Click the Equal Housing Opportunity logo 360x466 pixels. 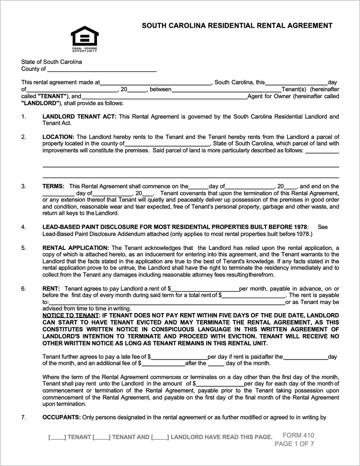(x=85, y=39)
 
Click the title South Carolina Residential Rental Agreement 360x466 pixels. (x=237, y=26)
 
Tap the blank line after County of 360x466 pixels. (x=102, y=70)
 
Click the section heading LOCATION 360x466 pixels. (x=58, y=137)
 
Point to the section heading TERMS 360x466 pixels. (x=53, y=186)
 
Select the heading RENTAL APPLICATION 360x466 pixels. (x=76, y=248)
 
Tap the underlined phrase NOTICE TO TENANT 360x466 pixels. (x=71, y=316)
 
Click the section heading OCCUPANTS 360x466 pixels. (x=61, y=417)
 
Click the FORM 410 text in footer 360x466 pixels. (x=299, y=435)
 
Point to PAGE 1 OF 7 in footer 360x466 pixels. (x=294, y=444)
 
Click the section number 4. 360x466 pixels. (x=24, y=227)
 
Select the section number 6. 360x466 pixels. (x=24, y=289)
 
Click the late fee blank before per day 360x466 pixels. (x=179, y=357)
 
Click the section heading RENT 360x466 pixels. (x=51, y=289)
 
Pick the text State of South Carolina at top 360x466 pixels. (x=51, y=62)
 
